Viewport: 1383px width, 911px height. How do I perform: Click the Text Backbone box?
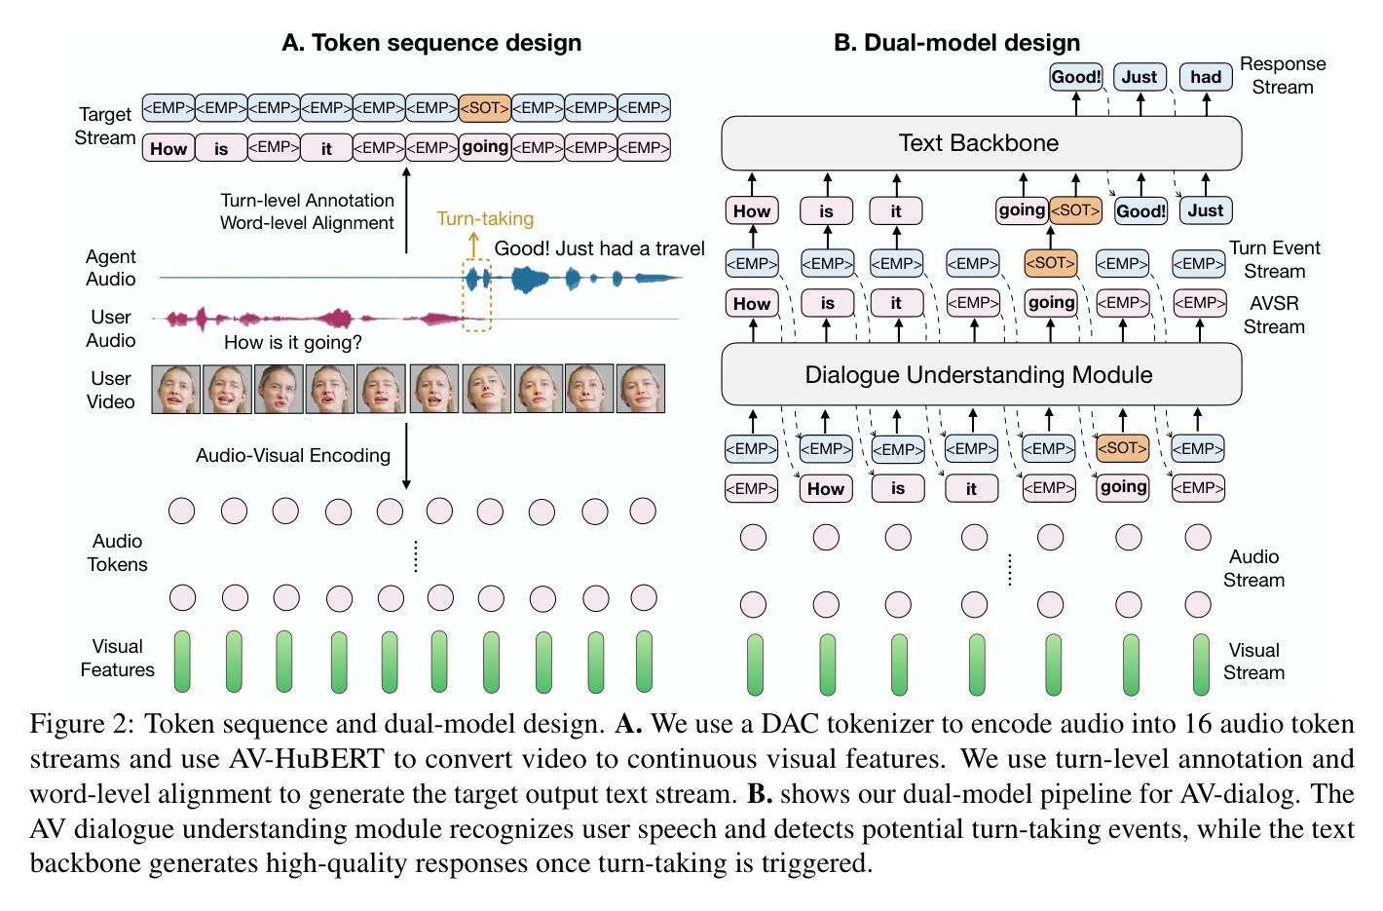980,143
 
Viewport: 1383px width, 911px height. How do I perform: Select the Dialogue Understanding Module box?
980,375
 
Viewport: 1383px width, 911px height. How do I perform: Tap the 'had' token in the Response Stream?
1205,77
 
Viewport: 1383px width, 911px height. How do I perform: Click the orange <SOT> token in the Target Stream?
484,108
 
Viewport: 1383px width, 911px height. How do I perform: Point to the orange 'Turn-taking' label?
485,218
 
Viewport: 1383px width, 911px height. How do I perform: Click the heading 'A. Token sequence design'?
431,43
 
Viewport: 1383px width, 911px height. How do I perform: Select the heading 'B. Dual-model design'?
956,43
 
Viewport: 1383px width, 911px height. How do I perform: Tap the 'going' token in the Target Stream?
484,147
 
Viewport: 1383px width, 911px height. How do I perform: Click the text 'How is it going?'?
292,342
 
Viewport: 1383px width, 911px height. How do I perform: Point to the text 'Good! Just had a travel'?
599,248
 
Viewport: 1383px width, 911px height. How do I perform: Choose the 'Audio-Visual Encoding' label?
293,455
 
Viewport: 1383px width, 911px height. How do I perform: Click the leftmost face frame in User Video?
176,390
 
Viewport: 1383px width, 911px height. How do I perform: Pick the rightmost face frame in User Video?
641,390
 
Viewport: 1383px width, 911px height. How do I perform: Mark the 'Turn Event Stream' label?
1275,259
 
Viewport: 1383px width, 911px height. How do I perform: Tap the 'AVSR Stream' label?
1274,315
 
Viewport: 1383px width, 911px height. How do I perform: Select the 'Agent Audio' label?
110,268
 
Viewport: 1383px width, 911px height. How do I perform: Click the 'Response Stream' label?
1282,75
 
